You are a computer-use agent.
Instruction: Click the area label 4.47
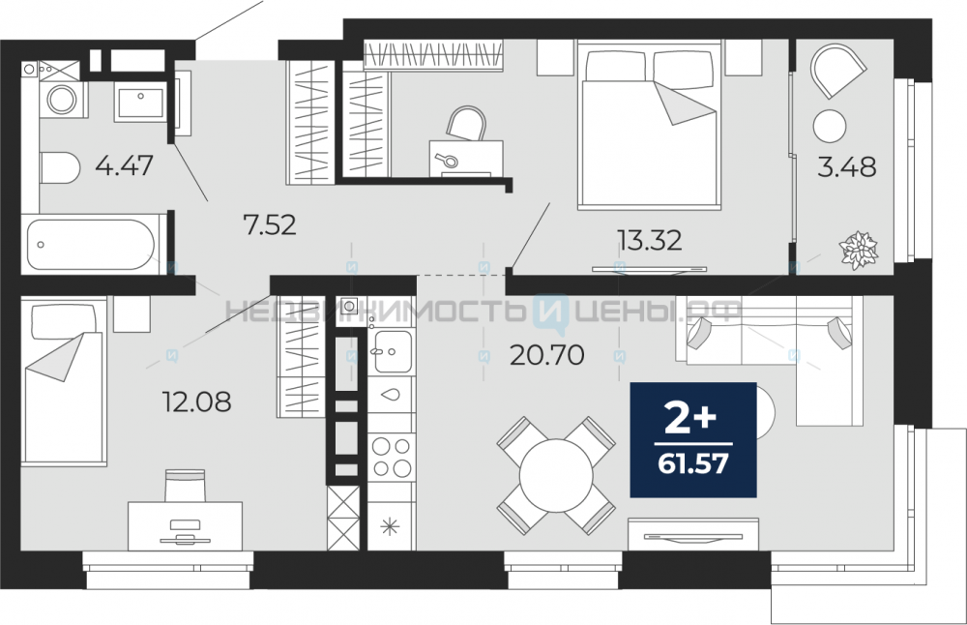(125, 165)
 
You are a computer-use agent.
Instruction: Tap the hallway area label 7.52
(270, 225)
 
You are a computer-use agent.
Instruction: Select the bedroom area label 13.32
(651, 240)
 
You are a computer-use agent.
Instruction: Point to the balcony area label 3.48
(847, 166)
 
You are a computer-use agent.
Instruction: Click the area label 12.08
(196, 402)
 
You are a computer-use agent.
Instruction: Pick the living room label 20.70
(547, 355)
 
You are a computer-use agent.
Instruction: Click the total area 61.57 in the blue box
(693, 462)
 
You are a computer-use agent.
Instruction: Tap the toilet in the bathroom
(60, 167)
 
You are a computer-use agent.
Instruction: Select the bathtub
(90, 245)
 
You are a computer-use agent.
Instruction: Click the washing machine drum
(62, 100)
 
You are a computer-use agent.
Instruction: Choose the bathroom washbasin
(140, 103)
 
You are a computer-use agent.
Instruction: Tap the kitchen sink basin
(393, 351)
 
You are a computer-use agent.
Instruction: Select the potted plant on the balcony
(859, 250)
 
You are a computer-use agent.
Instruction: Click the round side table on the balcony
(830, 126)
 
